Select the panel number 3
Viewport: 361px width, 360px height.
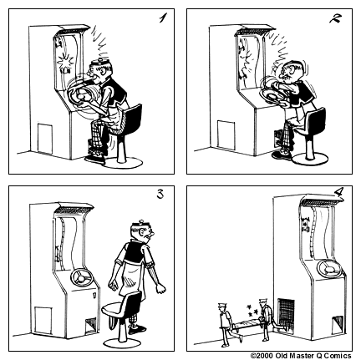(x=161, y=197)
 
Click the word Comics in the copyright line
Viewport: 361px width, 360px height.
(x=342, y=355)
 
